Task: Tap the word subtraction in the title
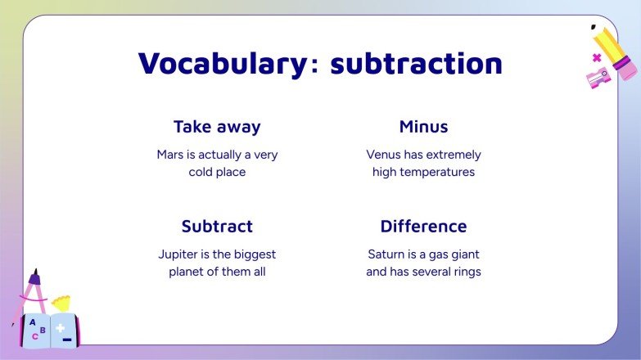pos(416,63)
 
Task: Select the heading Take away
pos(217,127)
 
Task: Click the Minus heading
pos(423,127)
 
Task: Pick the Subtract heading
pos(217,227)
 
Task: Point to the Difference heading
pos(423,227)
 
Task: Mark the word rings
pos(466,272)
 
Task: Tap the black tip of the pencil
pos(593,27)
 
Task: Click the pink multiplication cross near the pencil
pos(596,57)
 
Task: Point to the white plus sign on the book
pos(60,326)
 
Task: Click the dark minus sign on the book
pos(67,339)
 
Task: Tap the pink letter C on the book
pos(34,336)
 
